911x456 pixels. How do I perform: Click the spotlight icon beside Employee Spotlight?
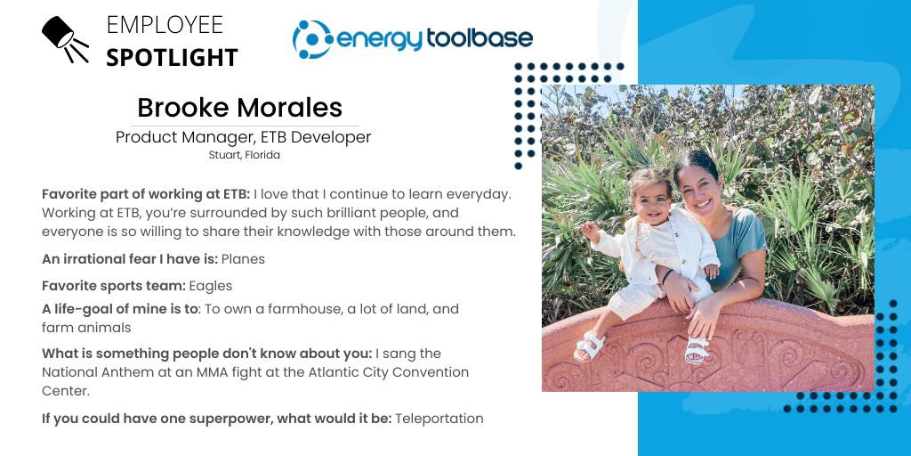click(x=64, y=38)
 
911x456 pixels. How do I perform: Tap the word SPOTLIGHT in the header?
click(x=172, y=58)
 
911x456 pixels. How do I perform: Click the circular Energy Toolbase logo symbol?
click(x=312, y=39)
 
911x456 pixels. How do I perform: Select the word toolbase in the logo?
click(x=480, y=38)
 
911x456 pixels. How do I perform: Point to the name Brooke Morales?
click(x=239, y=108)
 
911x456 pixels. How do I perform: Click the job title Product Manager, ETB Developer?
click(x=243, y=137)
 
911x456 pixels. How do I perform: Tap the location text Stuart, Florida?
click(x=244, y=155)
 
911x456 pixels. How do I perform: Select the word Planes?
click(x=243, y=259)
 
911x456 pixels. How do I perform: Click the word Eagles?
click(x=210, y=286)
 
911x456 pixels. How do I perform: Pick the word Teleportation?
click(x=439, y=419)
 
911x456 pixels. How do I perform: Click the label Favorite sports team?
click(x=114, y=286)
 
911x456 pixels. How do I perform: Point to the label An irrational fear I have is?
click(x=130, y=259)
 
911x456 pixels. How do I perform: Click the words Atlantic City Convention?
click(x=391, y=371)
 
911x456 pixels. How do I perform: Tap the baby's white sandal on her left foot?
click(x=697, y=349)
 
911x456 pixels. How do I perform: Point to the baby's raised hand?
click(x=589, y=231)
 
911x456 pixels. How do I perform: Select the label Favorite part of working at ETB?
click(x=146, y=194)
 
